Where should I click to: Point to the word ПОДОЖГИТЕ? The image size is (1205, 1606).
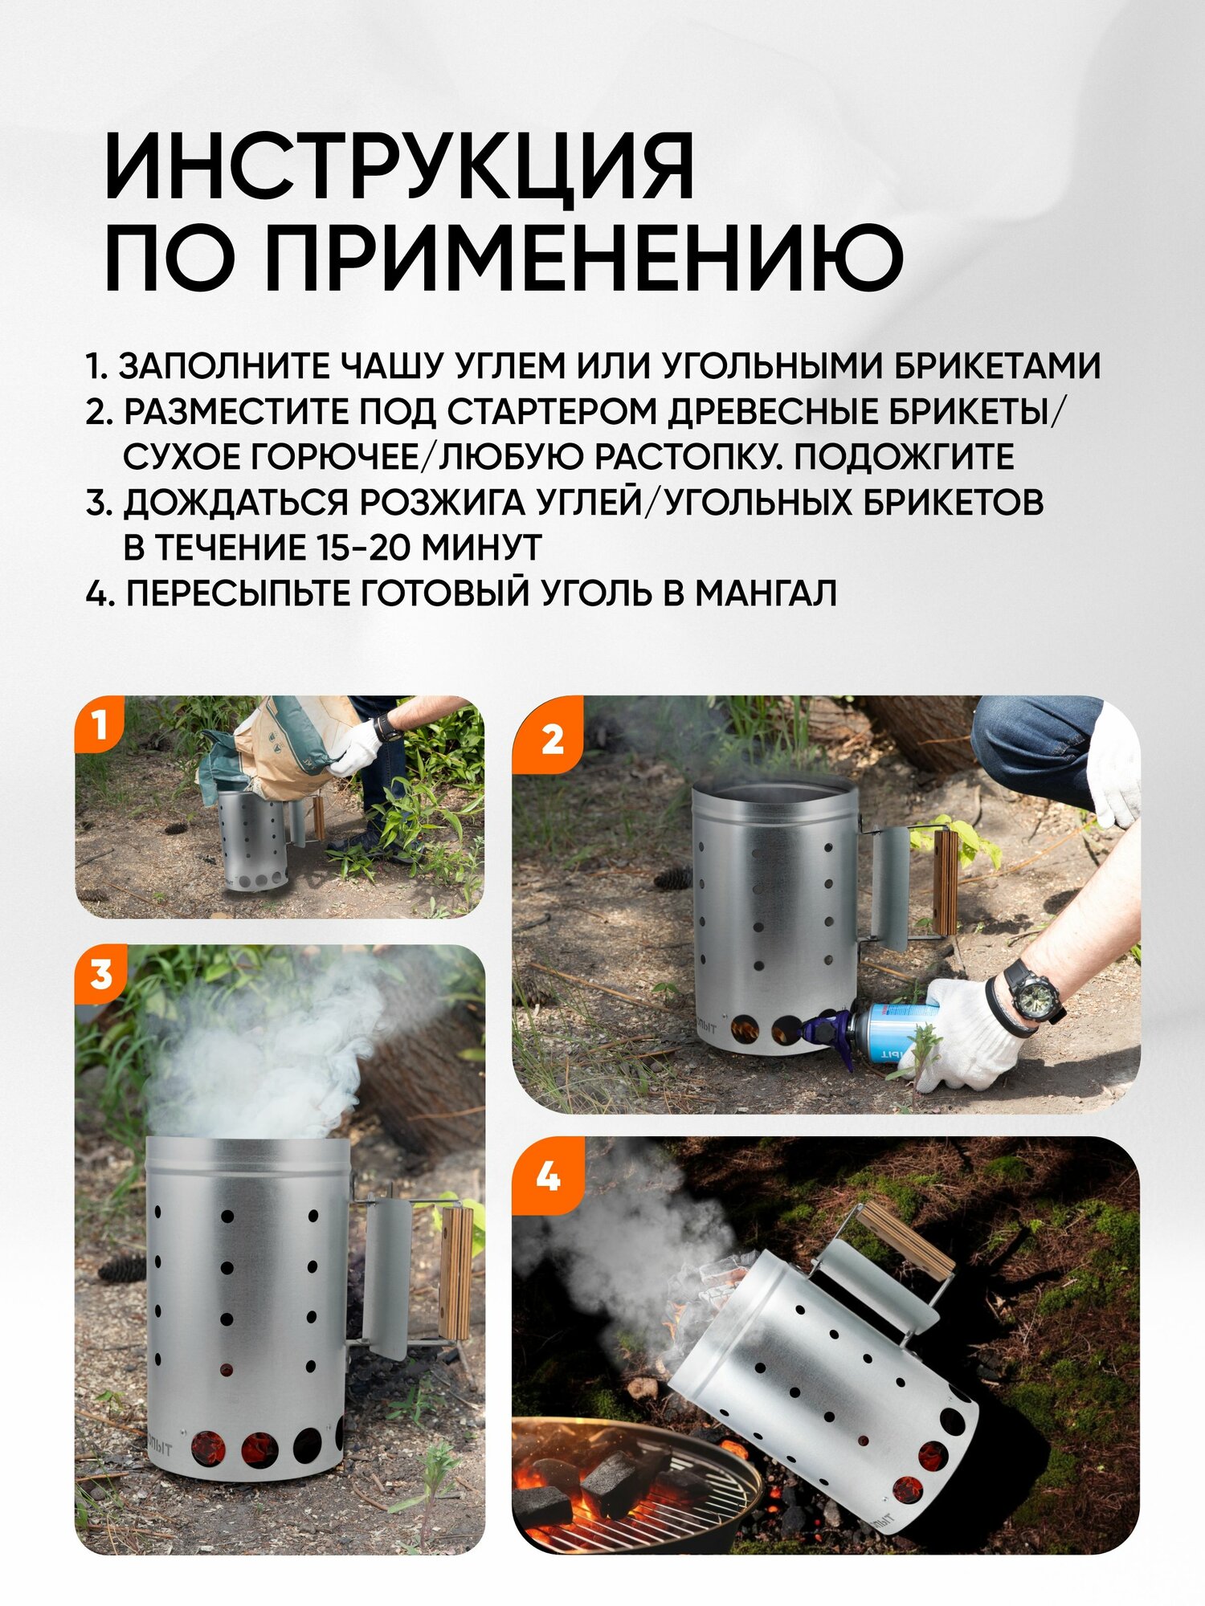tap(904, 457)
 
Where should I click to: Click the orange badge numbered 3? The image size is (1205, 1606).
tap(100, 974)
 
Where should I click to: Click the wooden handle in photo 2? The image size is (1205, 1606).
tap(946, 882)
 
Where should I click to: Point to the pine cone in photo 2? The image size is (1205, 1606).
tap(672, 878)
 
